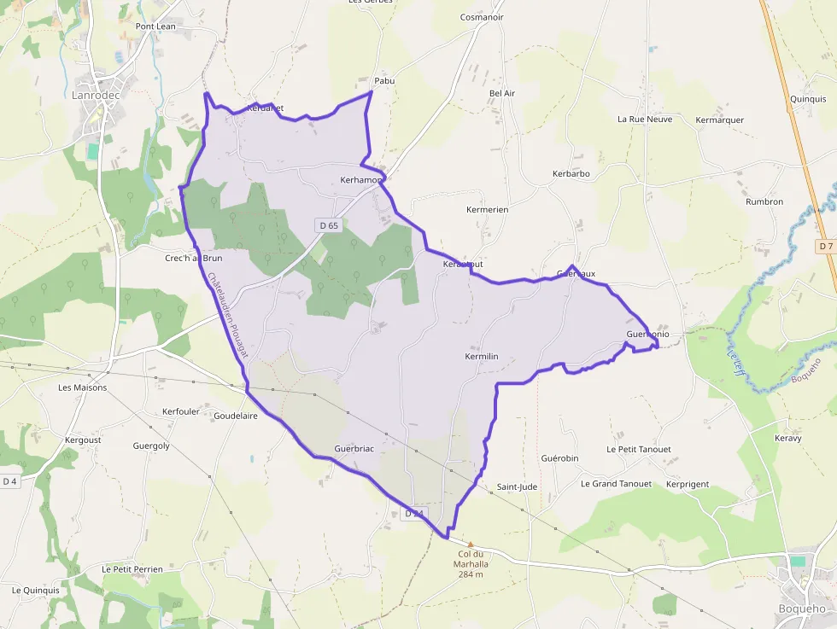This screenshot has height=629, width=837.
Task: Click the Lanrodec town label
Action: tap(96, 95)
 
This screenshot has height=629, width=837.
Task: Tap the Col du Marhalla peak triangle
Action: tap(470, 543)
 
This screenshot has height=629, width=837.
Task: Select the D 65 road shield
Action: tap(327, 225)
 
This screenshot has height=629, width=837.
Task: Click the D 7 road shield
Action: tap(824, 246)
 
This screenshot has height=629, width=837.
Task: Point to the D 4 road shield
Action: tap(9, 481)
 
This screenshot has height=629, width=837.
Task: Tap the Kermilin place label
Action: tap(482, 356)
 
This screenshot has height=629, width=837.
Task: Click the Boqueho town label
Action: tap(802, 609)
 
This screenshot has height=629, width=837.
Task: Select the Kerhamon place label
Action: tap(360, 180)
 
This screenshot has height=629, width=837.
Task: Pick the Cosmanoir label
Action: tap(482, 17)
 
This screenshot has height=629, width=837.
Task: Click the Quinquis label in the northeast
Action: tap(808, 99)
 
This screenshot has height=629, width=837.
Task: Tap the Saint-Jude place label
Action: tap(517, 487)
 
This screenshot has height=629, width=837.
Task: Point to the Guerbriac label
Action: tap(354, 448)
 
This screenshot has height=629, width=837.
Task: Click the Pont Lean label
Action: tap(155, 26)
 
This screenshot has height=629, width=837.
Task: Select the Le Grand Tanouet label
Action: tap(616, 484)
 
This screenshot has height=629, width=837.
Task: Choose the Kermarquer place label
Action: tap(720, 119)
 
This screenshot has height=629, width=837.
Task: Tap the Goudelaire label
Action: tap(236, 416)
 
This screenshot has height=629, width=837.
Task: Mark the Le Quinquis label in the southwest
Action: tap(36, 590)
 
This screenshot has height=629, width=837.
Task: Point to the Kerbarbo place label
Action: tap(571, 174)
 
